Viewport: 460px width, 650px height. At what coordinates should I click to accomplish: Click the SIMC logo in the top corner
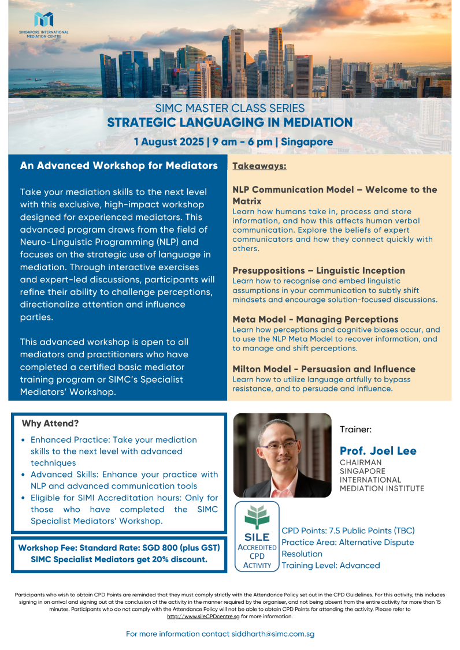43,21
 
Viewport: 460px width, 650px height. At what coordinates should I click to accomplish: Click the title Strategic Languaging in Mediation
229,122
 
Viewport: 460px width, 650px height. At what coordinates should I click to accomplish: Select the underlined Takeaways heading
259,166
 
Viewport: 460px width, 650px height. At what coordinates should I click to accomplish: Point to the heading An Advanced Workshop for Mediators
118,166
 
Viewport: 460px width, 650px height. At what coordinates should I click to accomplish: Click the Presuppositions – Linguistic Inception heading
318,270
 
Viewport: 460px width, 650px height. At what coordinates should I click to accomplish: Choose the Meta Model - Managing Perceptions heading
315,319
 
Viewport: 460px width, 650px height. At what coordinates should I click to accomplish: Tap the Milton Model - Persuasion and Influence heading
324,369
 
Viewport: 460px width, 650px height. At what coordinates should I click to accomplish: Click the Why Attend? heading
50,423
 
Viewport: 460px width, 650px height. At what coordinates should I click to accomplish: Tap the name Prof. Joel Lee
377,451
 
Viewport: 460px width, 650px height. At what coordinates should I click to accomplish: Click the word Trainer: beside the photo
355,429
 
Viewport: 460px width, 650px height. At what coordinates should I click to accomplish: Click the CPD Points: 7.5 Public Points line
348,531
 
